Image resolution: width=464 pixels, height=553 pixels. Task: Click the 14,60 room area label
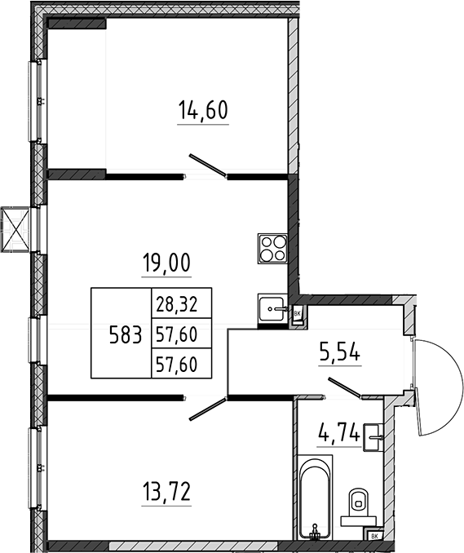coord(203,109)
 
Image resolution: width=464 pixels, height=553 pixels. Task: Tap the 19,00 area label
coord(166,263)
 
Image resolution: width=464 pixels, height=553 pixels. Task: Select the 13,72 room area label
coord(166,492)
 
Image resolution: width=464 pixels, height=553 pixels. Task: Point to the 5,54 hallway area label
coord(339,352)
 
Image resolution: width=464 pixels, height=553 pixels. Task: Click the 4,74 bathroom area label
coord(339,432)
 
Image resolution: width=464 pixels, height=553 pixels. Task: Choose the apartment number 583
coord(126,334)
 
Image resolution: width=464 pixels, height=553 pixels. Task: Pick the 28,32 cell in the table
coord(177,304)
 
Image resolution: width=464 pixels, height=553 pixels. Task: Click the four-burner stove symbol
coord(272,248)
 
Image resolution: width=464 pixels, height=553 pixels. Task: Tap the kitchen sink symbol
coord(272,309)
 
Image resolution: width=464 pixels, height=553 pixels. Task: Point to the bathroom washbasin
coord(373,437)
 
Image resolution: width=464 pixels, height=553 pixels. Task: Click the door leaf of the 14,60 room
coord(207,165)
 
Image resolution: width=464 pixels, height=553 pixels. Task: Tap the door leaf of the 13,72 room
coord(207,409)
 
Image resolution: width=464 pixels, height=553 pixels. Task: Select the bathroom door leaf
coord(344,387)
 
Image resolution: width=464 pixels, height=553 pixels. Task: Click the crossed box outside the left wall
coord(15,229)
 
